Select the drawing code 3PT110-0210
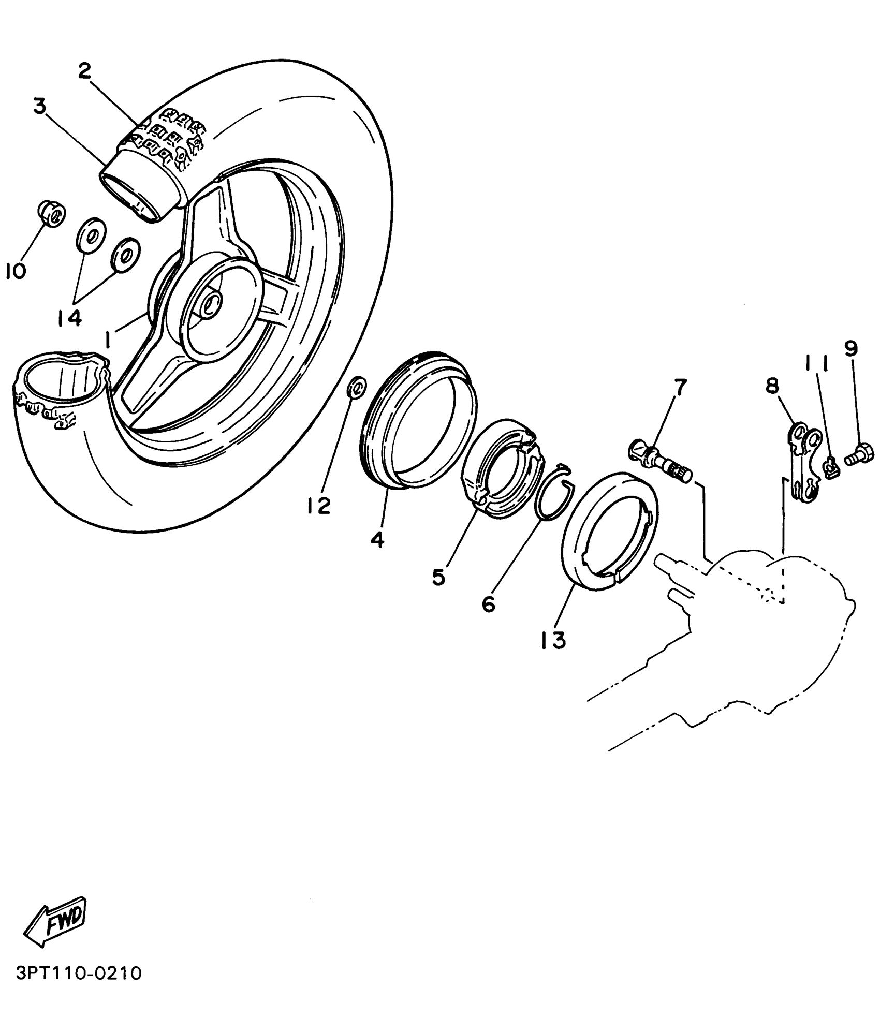pos(79,973)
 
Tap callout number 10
pos(16,271)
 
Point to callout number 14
pos(70,318)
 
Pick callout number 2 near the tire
pos(84,71)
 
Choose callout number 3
pos(40,106)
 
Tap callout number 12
pos(318,506)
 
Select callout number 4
pos(377,540)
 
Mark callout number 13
pos(553,641)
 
